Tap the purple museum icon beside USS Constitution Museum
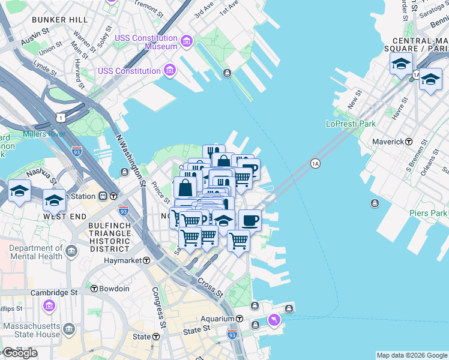pos(187,41)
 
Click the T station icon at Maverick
pos(409,142)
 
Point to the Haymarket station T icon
pos(146,260)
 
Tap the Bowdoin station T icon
pos(94,289)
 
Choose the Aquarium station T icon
pos(239,319)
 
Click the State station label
pos(142,337)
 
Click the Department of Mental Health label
pos(36,252)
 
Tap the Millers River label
pos(44,134)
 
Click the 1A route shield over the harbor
pos(315,163)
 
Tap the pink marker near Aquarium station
pos(274,320)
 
